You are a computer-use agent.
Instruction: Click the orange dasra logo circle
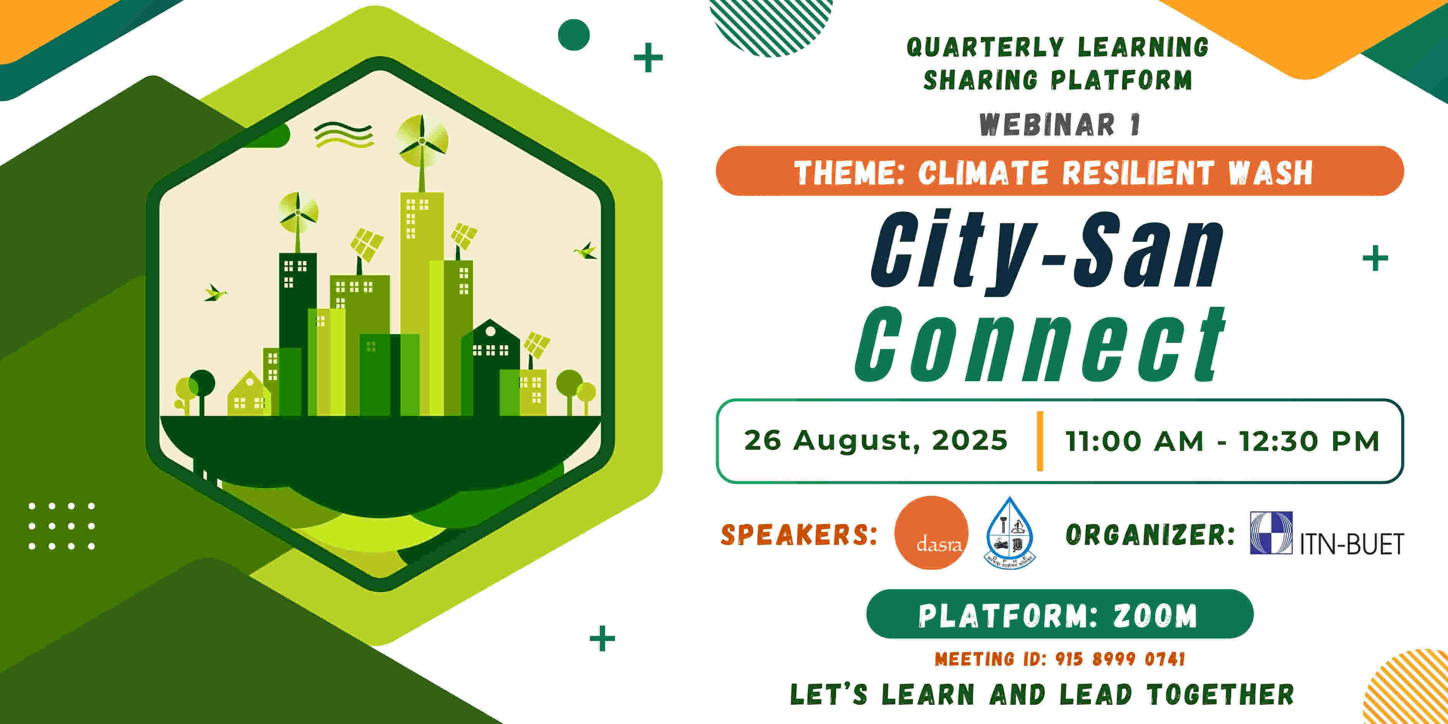coord(931,532)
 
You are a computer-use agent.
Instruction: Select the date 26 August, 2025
coord(875,440)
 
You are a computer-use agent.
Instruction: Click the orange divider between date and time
coord(1040,441)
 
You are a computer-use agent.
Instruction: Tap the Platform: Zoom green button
coord(1059,614)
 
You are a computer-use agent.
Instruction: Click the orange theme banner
coord(1059,171)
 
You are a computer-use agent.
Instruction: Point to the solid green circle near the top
coord(573,35)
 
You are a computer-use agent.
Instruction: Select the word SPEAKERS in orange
coord(798,534)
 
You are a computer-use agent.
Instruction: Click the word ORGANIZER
coord(1150,534)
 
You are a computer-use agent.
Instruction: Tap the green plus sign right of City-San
coord(1375,259)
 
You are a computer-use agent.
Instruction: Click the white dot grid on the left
coord(62,526)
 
